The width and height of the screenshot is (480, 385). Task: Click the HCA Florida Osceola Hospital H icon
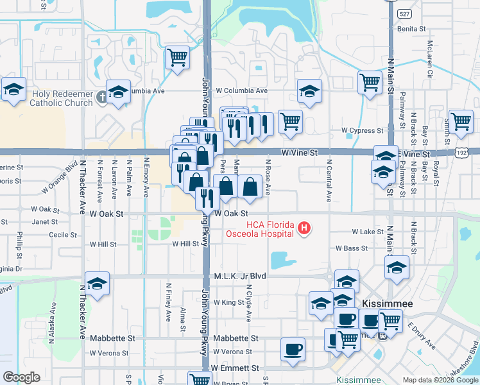click(x=305, y=228)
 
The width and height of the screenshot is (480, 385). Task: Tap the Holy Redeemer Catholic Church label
click(x=62, y=98)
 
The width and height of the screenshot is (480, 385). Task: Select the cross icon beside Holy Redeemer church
click(x=101, y=98)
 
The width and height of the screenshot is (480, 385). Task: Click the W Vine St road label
click(x=300, y=153)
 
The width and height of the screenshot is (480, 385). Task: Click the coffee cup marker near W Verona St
click(x=293, y=350)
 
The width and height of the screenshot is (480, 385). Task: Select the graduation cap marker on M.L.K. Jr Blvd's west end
click(x=97, y=284)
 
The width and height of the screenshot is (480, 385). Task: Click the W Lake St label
click(x=367, y=232)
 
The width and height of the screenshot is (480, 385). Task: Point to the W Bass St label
click(x=352, y=248)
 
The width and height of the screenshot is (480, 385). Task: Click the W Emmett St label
click(x=234, y=368)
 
